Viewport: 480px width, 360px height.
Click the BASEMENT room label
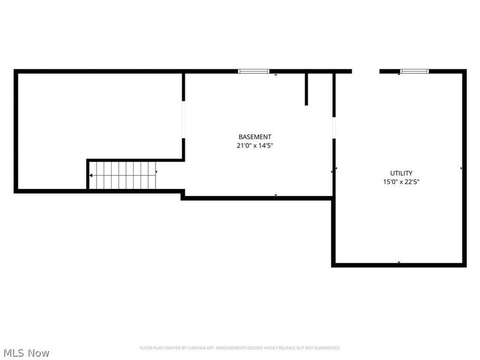click(x=254, y=137)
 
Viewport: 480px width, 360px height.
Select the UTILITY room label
click(x=401, y=173)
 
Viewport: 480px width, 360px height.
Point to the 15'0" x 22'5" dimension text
click(x=401, y=182)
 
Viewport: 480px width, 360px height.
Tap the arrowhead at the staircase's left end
click(x=91, y=175)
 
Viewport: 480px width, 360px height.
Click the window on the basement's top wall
click(x=253, y=71)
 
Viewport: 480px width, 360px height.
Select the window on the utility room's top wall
click(x=415, y=71)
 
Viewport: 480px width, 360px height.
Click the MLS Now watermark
click(x=26, y=353)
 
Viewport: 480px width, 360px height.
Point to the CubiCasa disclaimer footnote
click(x=240, y=348)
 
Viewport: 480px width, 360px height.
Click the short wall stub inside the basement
click(x=307, y=89)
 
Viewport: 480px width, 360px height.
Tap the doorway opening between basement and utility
click(x=334, y=126)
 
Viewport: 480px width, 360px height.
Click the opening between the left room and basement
click(x=184, y=120)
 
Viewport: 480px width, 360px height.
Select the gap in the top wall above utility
click(x=366, y=71)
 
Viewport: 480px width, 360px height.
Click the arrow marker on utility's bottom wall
click(x=399, y=262)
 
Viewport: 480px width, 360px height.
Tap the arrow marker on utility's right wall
click(x=461, y=169)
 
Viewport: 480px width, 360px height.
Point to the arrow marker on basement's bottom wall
click(x=275, y=195)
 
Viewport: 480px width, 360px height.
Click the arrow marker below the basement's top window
click(x=275, y=75)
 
